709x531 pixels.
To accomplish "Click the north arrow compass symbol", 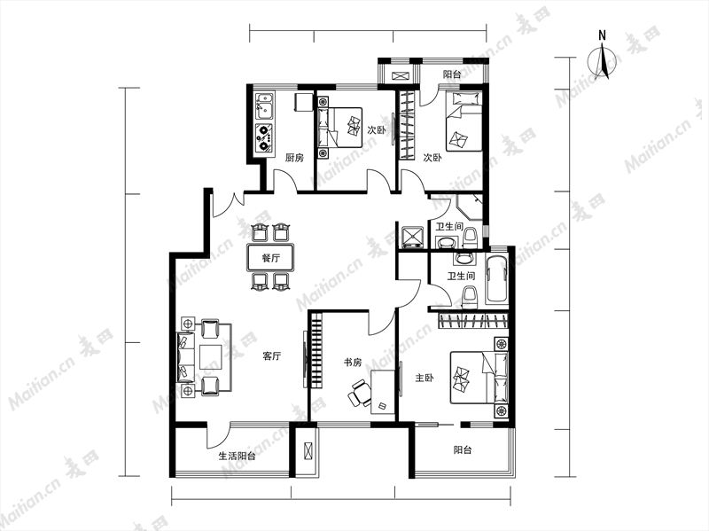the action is click(603, 62).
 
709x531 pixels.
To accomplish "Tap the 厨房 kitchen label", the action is click(294, 158).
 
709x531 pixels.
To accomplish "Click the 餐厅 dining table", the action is click(270, 258).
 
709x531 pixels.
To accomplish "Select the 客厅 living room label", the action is click(272, 356).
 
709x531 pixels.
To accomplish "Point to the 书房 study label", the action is click(353, 362).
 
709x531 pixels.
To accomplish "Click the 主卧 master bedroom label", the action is click(425, 378).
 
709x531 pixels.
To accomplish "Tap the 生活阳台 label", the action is click(237, 456).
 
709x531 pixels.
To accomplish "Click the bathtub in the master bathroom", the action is click(497, 279).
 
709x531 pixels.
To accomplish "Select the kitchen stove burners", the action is click(263, 137).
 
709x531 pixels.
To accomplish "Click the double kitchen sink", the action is click(264, 106).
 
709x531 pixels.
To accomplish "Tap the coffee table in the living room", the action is click(211, 357).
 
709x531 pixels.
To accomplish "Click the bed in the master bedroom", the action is click(479, 379).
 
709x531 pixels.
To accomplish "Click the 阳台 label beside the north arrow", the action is click(452, 74).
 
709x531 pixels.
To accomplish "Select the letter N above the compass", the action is click(602, 35).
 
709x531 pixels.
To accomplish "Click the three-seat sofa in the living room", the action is click(185, 357).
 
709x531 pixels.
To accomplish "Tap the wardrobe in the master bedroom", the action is click(473, 321).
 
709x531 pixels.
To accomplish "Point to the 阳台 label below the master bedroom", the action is click(463, 450).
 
